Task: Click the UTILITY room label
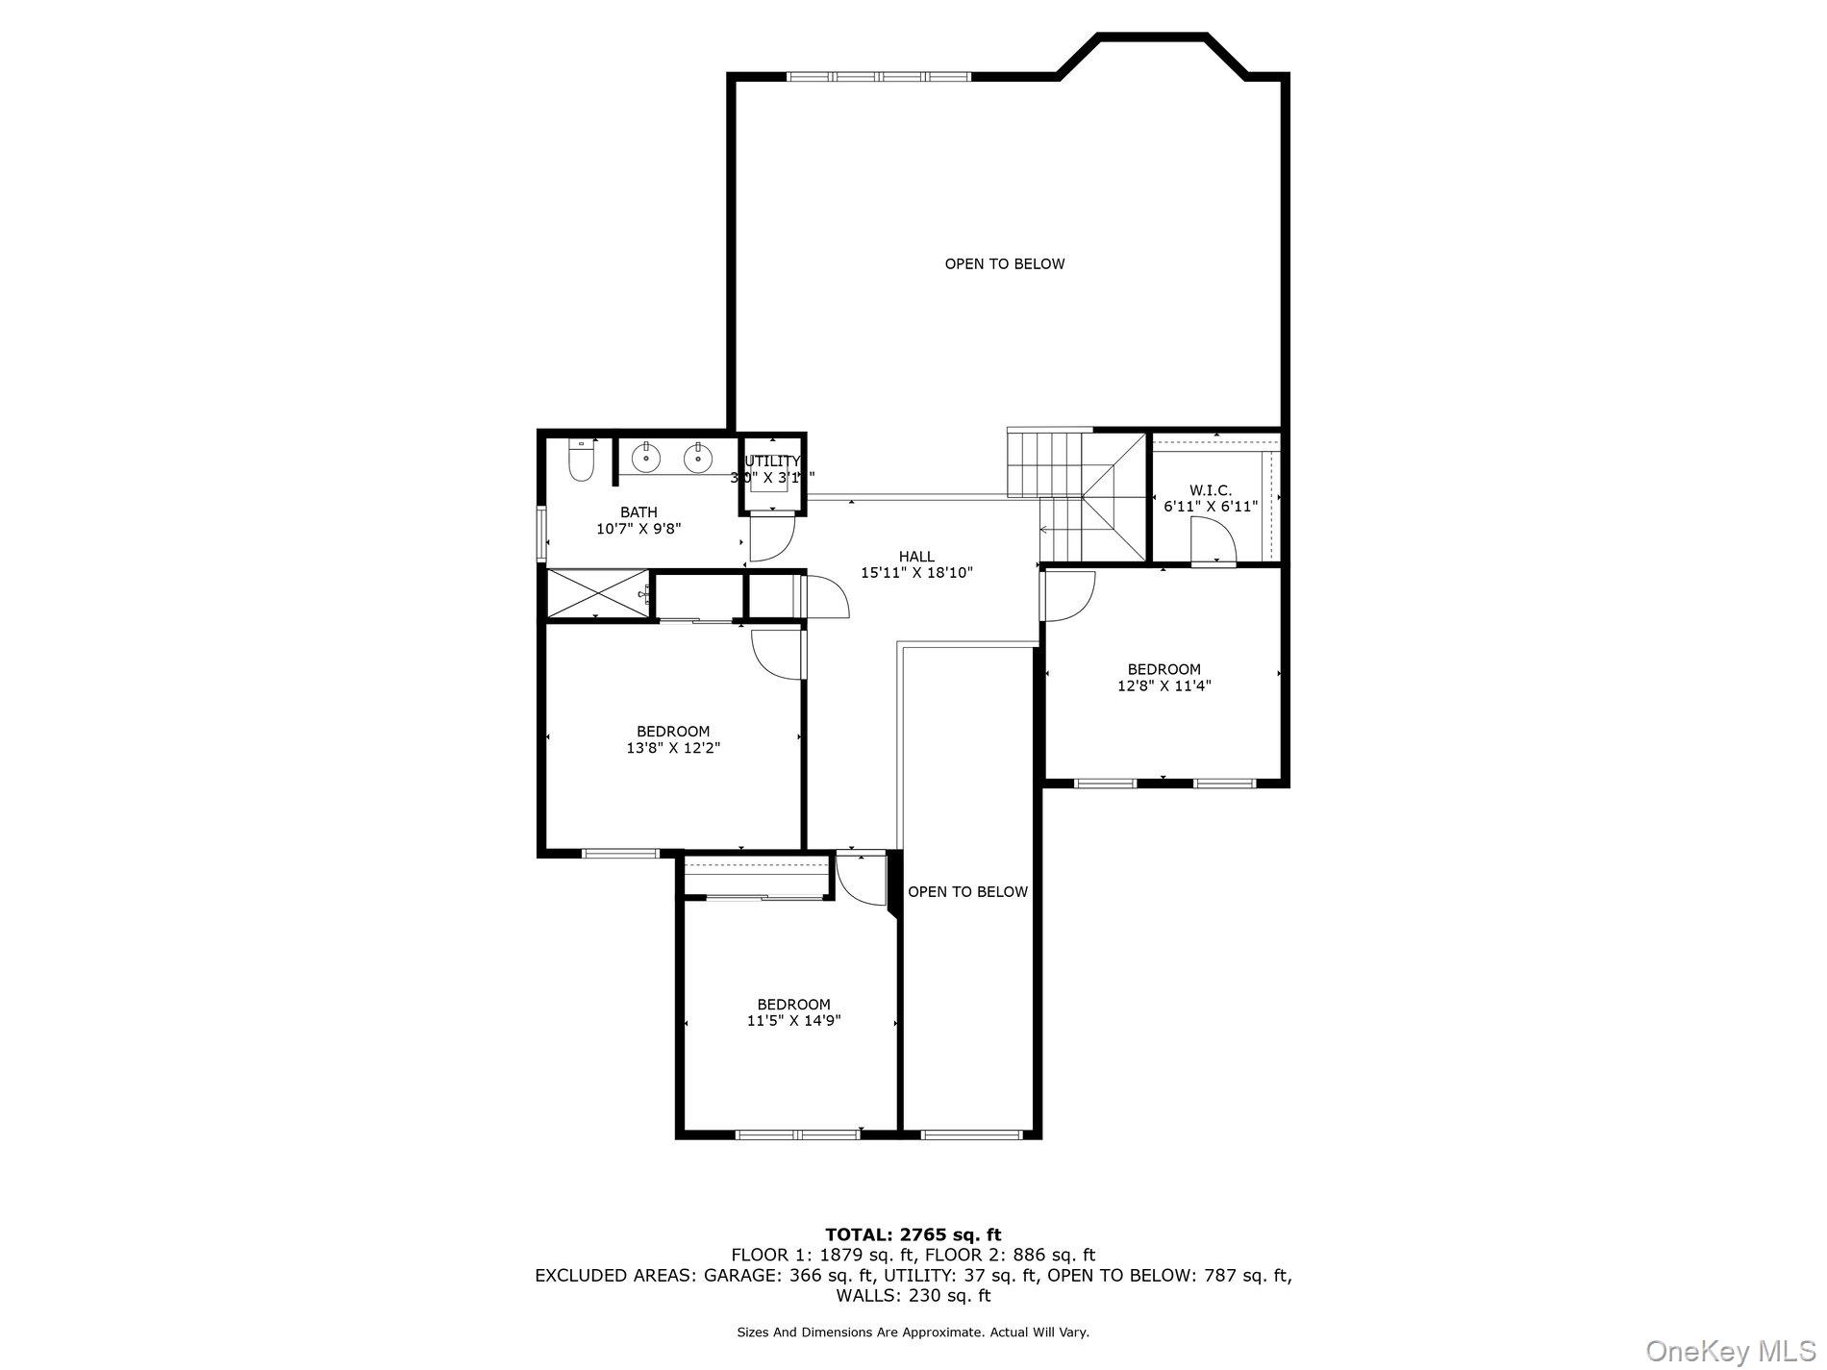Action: [772, 461]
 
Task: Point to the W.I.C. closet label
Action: [1210, 490]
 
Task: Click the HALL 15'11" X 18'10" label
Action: [916, 564]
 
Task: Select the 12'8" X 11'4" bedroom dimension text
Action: [1164, 686]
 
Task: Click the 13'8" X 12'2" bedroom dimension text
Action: [673, 748]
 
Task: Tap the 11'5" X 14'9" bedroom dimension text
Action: [793, 1021]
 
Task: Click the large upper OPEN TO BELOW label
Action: [1004, 263]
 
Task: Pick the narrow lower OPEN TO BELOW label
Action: [967, 891]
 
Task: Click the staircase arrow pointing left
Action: [1061, 529]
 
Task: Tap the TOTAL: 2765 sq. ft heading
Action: [913, 1234]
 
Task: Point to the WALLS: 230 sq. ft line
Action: [913, 1295]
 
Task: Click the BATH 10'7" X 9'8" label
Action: [638, 520]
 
